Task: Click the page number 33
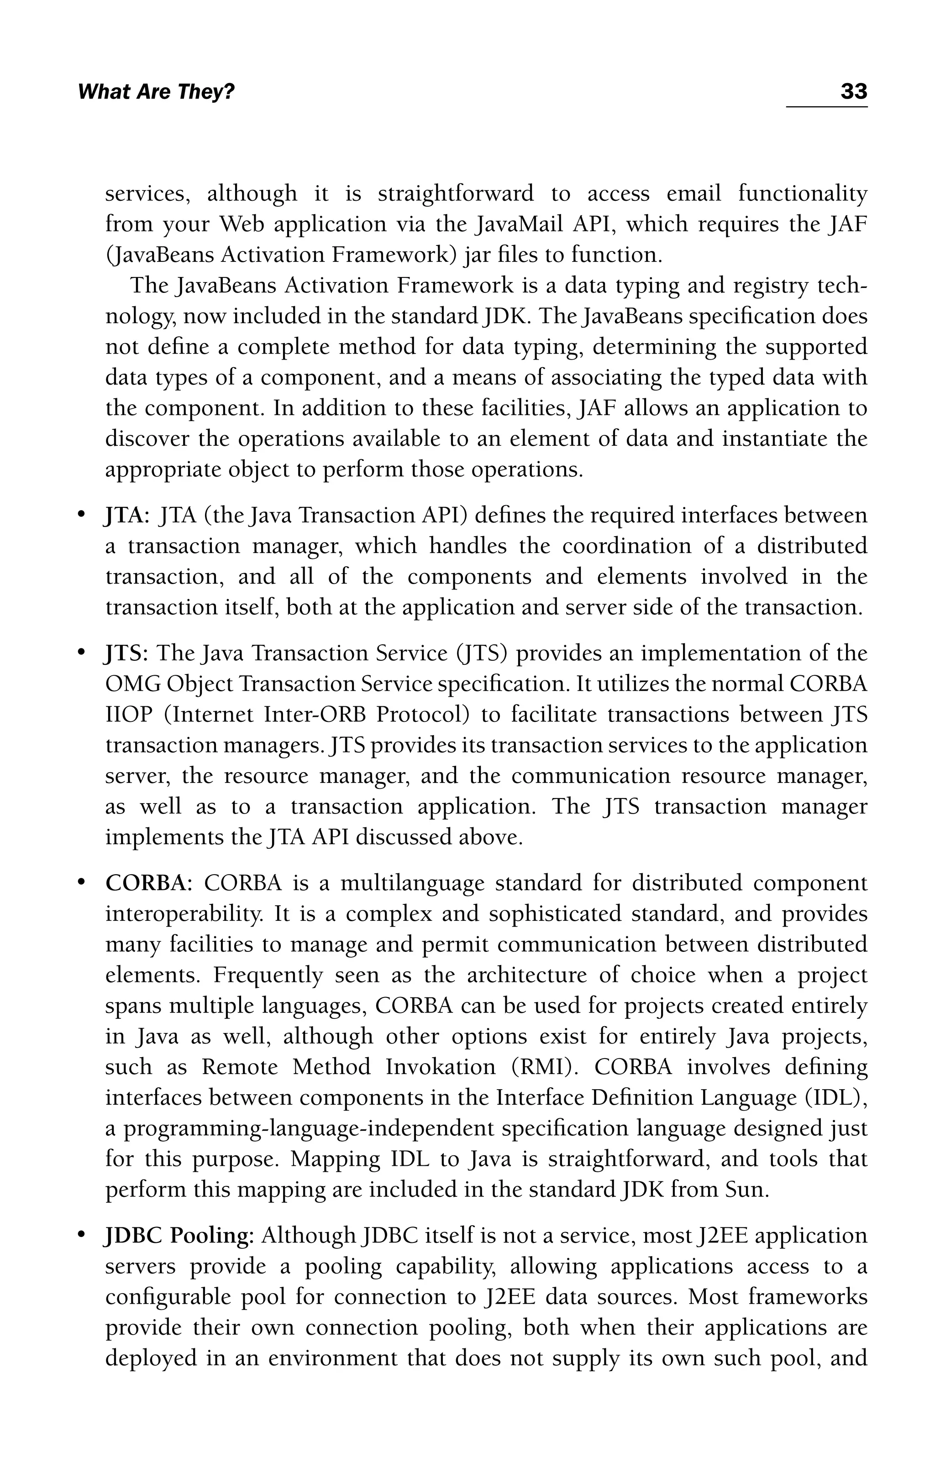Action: click(853, 92)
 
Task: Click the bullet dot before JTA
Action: click(80, 516)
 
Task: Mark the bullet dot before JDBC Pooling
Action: click(80, 1236)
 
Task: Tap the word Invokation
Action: click(440, 1068)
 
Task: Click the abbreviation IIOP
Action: click(128, 715)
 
